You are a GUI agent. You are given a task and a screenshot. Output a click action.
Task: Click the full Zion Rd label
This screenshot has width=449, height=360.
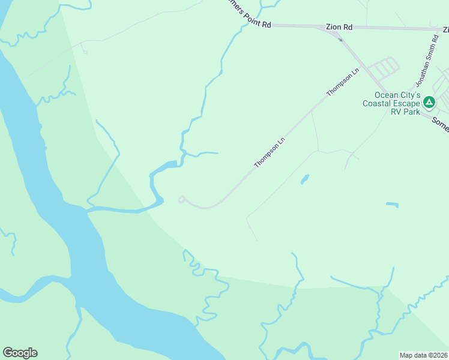click(x=339, y=27)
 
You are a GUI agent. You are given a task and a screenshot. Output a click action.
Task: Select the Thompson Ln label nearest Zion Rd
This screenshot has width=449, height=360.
click(x=343, y=82)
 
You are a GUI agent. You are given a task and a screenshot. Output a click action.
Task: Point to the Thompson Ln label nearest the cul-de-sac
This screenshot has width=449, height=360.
click(x=268, y=154)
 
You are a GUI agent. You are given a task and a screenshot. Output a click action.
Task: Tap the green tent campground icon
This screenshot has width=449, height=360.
click(x=429, y=103)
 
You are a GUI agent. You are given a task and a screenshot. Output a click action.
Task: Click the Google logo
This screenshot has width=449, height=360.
click(x=20, y=353)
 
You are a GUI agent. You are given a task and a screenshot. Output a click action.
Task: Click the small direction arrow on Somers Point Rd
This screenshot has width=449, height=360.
click(x=340, y=40)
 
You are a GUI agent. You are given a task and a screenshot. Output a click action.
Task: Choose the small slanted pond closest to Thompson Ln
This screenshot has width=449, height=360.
click(x=305, y=179)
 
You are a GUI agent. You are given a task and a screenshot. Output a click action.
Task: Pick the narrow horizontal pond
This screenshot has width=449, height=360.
click(x=392, y=205)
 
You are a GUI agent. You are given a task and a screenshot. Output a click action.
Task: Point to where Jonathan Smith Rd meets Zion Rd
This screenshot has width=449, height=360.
click(x=438, y=29)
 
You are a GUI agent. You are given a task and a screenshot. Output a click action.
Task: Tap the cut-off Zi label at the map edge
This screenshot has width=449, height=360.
click(x=445, y=28)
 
